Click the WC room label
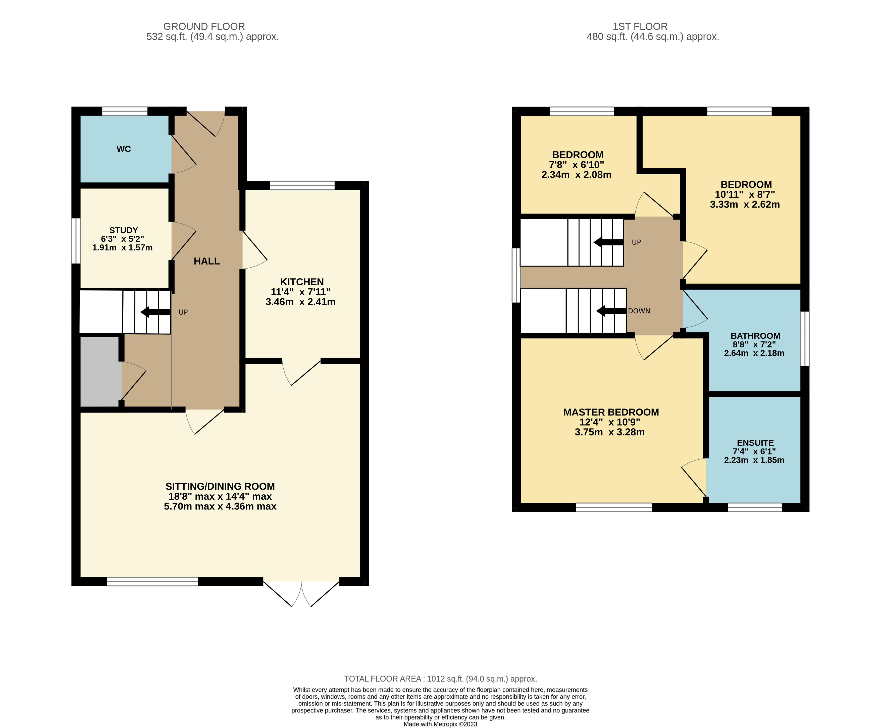pyautogui.click(x=124, y=149)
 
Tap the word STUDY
pyautogui.click(x=123, y=230)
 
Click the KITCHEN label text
pyautogui.click(x=302, y=282)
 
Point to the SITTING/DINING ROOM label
pyautogui.click(x=220, y=486)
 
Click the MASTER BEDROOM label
pyautogui.click(x=611, y=412)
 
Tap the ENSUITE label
pyautogui.click(x=755, y=443)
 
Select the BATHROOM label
pyautogui.click(x=755, y=336)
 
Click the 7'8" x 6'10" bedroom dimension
pyautogui.click(x=577, y=165)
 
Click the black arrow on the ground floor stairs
pyautogui.click(x=156, y=312)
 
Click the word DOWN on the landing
pyautogui.click(x=639, y=311)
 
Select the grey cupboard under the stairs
pyautogui.click(x=100, y=372)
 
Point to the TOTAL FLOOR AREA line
pyautogui.click(x=440, y=679)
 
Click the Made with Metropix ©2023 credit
pyautogui.click(x=440, y=724)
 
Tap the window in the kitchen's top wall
pyautogui.click(x=302, y=185)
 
